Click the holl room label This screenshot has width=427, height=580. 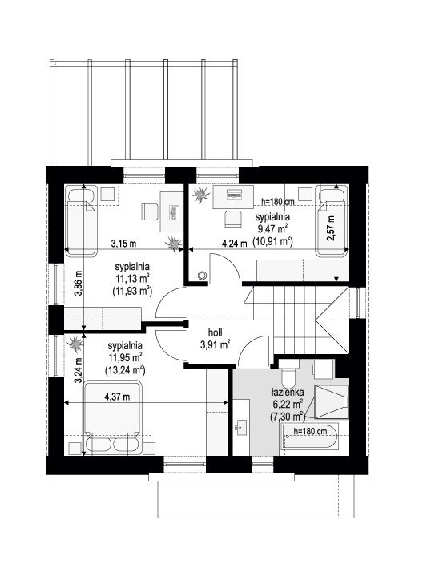pos(215,332)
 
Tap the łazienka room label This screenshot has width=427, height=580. pos(287,392)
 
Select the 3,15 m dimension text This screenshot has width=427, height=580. pos(123,244)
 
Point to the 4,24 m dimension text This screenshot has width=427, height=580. pos(234,244)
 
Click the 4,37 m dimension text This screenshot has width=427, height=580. pos(117,397)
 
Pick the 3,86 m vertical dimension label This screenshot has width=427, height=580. pos(78,284)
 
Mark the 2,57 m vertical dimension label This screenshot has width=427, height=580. pos(330,228)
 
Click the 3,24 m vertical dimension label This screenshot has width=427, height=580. pos(78,370)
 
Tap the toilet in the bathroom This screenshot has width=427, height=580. pos(289,373)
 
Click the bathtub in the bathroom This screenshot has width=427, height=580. pos(311,437)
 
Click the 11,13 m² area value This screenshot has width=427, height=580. pos(132,278)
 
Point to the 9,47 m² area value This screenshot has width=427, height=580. pos(273,228)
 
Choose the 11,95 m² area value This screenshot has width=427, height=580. pos(125,357)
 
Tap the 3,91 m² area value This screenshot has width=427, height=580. pos(215,345)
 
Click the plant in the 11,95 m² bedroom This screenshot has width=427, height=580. pos(75,344)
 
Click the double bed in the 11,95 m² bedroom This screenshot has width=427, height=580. pos(112,418)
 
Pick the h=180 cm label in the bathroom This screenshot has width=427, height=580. pos(310,431)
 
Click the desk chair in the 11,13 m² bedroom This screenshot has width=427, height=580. pos(150,212)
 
